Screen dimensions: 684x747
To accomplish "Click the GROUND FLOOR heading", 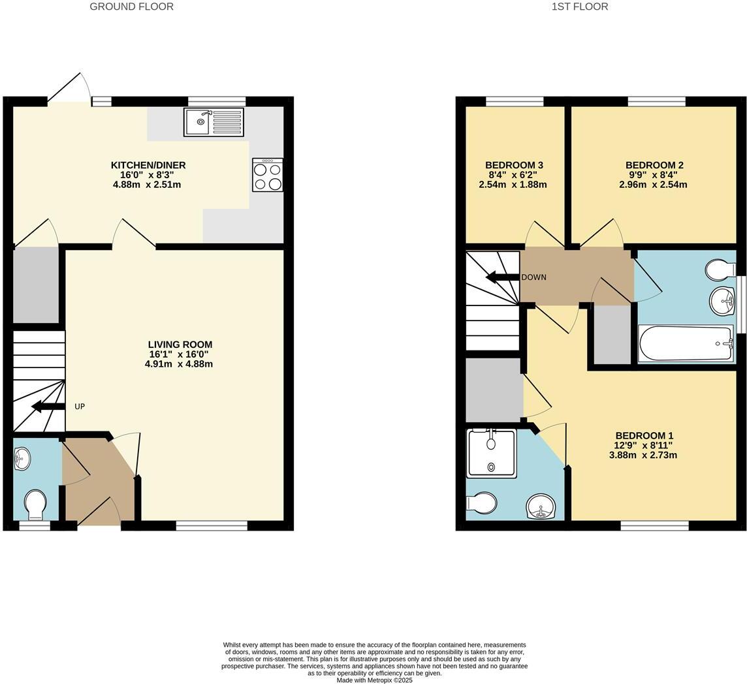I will point(131,7).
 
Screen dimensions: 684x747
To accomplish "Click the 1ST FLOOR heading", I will point(579,7).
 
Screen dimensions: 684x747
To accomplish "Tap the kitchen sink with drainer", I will point(214,122).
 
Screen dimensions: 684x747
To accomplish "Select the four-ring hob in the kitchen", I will point(268,175).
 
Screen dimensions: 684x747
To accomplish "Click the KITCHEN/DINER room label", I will point(148,165).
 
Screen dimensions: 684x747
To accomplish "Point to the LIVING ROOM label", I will point(180,345).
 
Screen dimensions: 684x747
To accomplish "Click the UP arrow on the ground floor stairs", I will point(48,407).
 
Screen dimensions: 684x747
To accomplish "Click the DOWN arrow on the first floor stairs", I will point(503,277).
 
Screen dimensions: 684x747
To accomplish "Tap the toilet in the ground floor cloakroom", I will point(35,503).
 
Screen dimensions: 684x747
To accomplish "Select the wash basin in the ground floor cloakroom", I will point(22,459).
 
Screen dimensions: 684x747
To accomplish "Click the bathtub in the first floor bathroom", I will point(685,343).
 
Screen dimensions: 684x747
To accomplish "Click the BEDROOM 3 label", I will point(514,165).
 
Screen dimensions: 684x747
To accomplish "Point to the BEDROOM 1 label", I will point(644,436).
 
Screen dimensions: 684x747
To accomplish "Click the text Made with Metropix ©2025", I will point(374,680).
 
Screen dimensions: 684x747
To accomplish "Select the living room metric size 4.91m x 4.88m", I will point(178,364).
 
